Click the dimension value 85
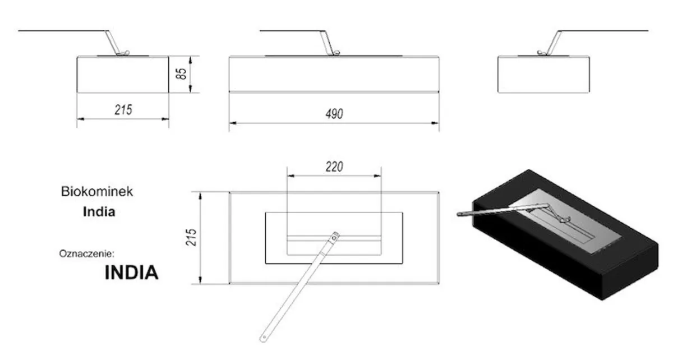coord(181,74)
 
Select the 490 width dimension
coord(334,114)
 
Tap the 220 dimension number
coord(334,167)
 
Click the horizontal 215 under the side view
coord(123,110)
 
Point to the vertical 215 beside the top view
coord(191,237)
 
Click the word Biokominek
coord(97,191)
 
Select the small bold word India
coord(99,212)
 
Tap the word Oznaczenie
coord(87,254)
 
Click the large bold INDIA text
coord(131,273)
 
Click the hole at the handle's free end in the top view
coord(264,338)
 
